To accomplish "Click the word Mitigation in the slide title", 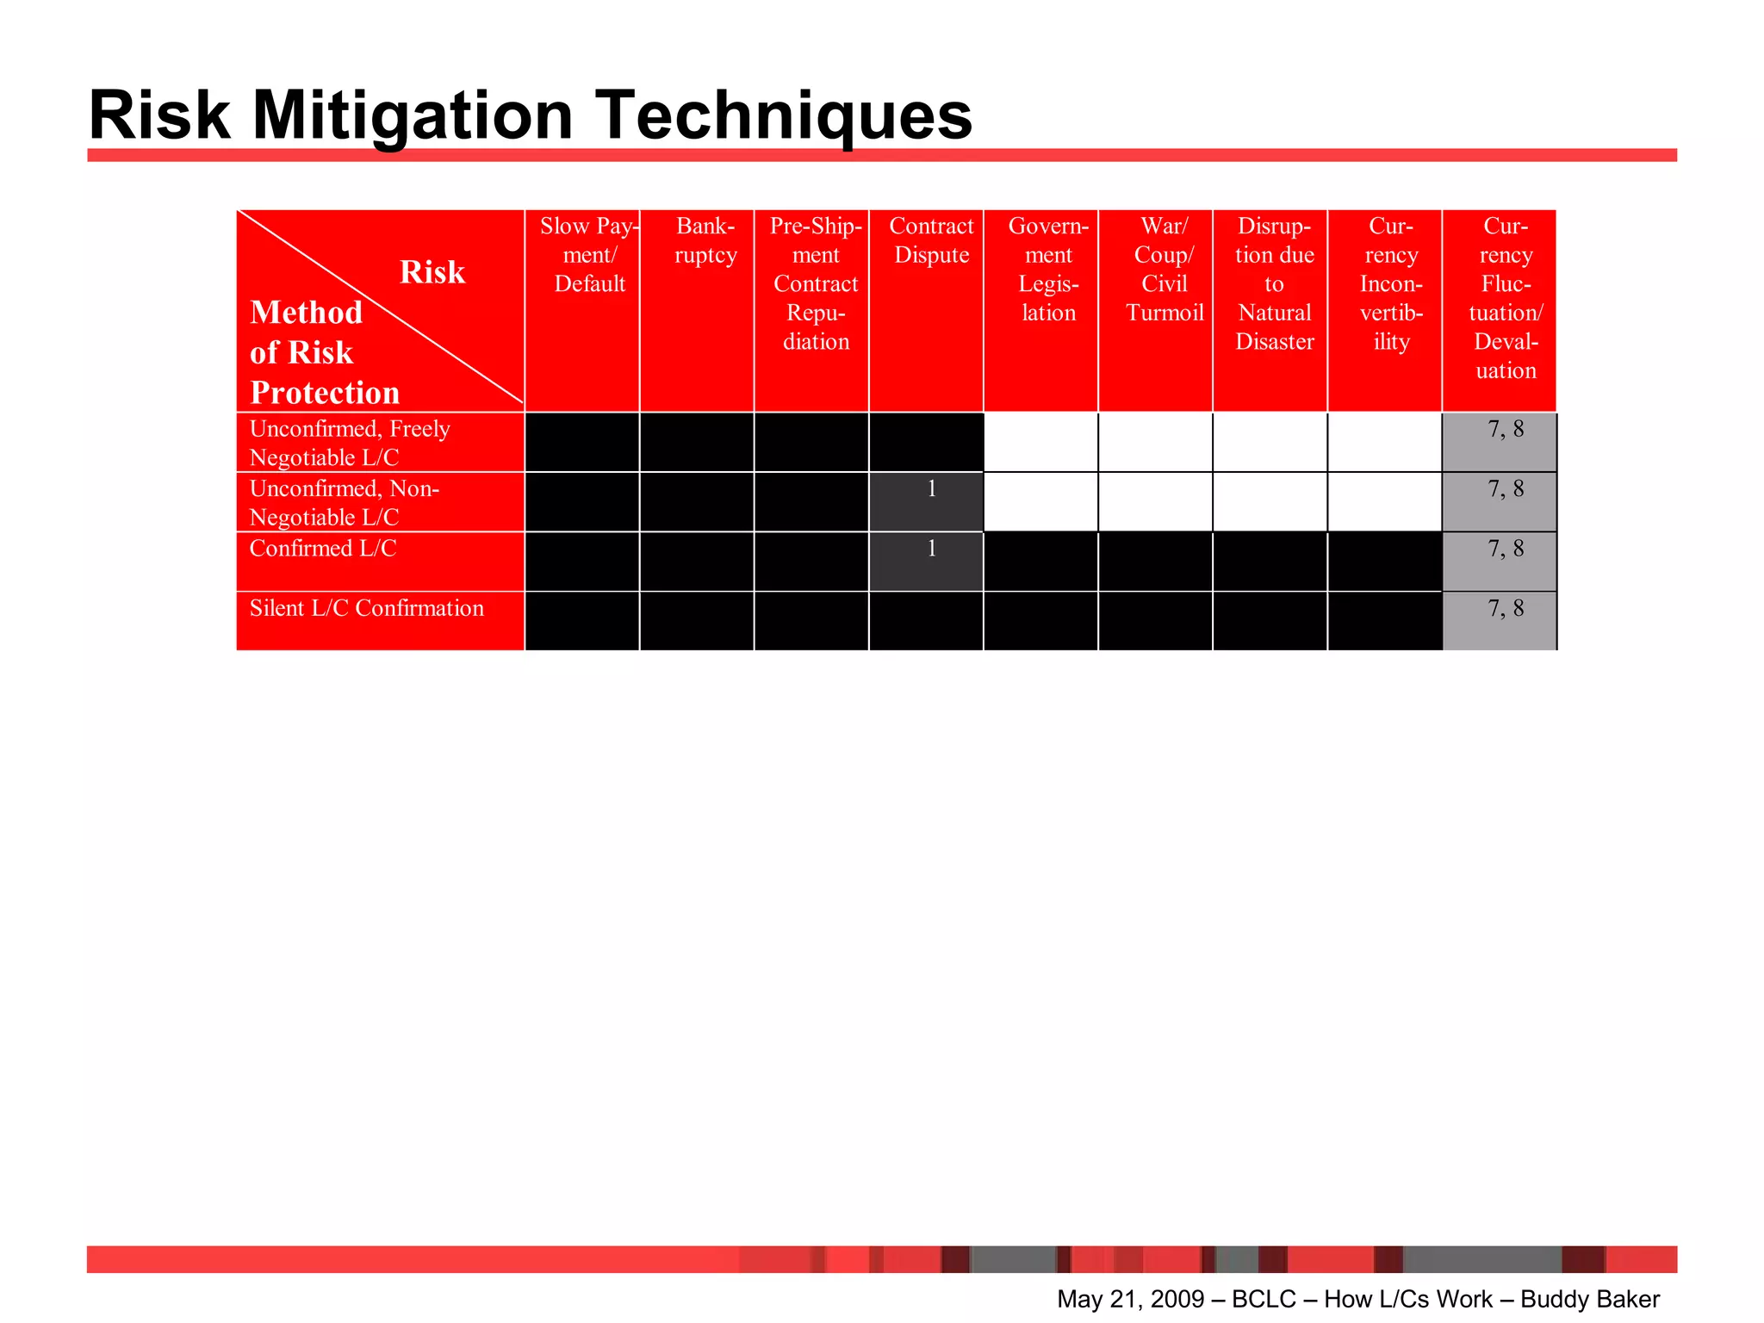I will click(x=412, y=116).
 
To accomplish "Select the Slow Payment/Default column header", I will click(x=589, y=255).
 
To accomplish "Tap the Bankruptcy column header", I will click(x=705, y=241).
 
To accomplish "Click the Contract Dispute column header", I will click(x=931, y=241).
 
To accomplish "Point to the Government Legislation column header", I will click(x=1048, y=270).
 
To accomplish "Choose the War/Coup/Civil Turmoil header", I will click(x=1164, y=270).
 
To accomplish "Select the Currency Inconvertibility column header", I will click(x=1391, y=284).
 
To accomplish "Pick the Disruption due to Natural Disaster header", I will click(x=1274, y=284).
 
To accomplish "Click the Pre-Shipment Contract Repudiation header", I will click(x=816, y=284).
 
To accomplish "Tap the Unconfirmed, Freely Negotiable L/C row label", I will click(x=350, y=443).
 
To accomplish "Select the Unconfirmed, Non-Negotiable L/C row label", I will click(x=345, y=502).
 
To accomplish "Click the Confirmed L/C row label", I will click(x=323, y=549).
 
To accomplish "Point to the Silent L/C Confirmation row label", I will click(x=367, y=608).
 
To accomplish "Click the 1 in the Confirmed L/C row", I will click(x=931, y=549).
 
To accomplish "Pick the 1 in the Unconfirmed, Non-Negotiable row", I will click(x=931, y=489).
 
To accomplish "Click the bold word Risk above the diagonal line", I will click(x=432, y=272).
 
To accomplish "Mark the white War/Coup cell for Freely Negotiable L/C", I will click(x=1155, y=443).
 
